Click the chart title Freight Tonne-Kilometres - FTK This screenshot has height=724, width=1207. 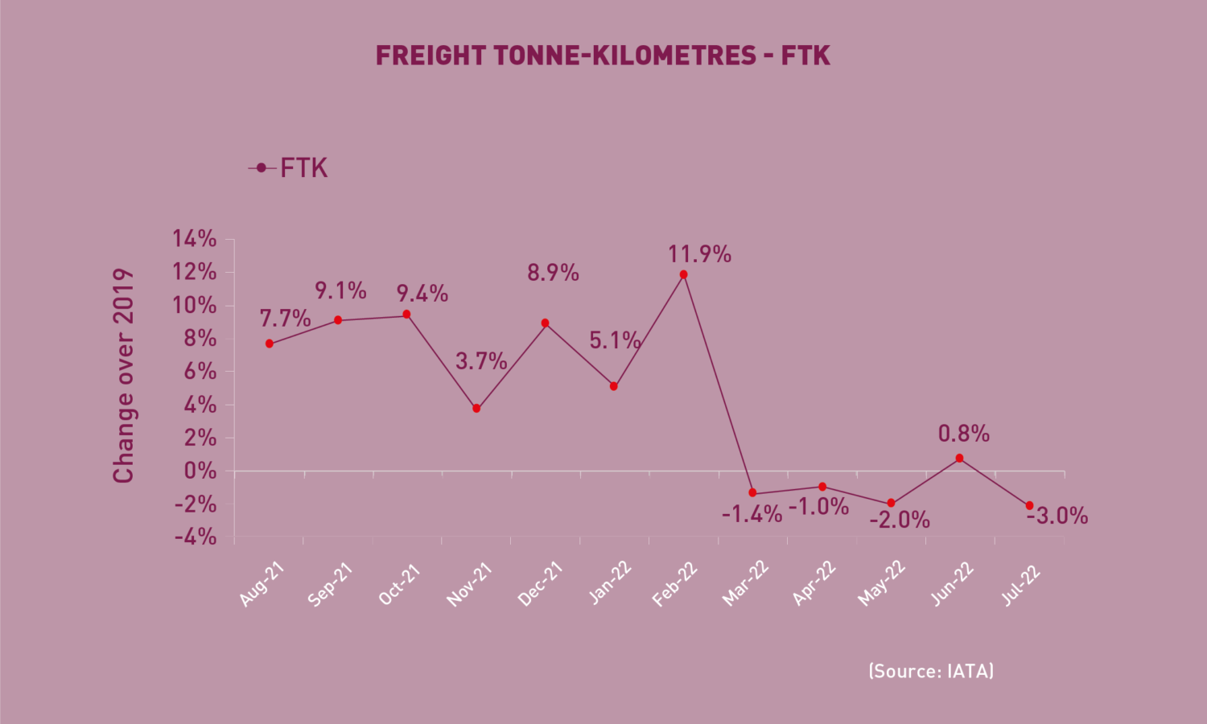tap(603, 56)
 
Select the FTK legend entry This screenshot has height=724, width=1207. tap(288, 168)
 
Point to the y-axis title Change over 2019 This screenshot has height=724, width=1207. tap(123, 376)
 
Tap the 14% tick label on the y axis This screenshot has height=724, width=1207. tap(195, 239)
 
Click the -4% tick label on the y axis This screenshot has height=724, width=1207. tap(195, 537)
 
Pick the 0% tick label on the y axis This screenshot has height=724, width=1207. tap(200, 471)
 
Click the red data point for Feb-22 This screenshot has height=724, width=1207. tap(683, 275)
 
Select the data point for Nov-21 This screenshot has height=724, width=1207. tap(476, 409)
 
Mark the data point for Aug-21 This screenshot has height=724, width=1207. tap(270, 343)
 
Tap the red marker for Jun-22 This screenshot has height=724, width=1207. tap(959, 459)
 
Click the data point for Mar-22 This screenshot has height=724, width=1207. tap(752, 493)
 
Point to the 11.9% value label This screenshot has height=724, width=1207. tap(699, 254)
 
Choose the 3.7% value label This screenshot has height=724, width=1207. tap(481, 361)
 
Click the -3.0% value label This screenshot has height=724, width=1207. tap(1057, 516)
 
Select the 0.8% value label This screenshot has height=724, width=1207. tap(963, 434)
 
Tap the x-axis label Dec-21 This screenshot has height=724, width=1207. tap(540, 584)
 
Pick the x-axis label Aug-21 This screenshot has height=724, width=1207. tap(262, 585)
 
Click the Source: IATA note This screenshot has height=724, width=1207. tap(931, 671)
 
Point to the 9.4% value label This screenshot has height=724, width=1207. tap(422, 294)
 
